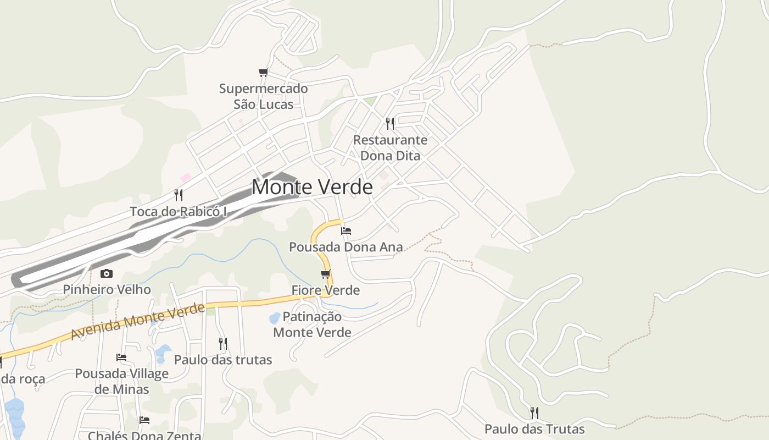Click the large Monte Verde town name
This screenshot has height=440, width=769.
tap(312, 188)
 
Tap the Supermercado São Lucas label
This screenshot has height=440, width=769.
tap(263, 96)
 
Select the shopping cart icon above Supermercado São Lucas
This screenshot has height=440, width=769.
tap(264, 73)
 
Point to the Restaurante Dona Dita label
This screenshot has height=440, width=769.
tap(390, 147)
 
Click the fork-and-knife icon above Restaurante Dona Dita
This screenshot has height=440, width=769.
tap(390, 123)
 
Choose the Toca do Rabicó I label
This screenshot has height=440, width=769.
tap(178, 212)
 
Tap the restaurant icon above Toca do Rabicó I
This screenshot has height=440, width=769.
tap(179, 195)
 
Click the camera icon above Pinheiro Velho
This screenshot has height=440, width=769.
tap(107, 273)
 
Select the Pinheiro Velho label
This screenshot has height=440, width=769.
tap(107, 289)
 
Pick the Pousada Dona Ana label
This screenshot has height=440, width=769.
tap(346, 247)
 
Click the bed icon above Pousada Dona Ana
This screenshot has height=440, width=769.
tap(346, 231)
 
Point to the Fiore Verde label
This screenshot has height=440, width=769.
tap(325, 290)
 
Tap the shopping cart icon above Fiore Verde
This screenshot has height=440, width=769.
tap(326, 274)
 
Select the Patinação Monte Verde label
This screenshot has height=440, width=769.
tap(312, 324)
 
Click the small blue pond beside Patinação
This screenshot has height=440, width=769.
tap(274, 318)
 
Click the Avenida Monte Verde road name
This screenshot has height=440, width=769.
tap(137, 323)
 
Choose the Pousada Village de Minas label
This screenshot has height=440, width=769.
tap(121, 381)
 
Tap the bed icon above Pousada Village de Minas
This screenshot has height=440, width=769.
tap(121, 358)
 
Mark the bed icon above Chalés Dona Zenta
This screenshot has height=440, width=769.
tap(144, 420)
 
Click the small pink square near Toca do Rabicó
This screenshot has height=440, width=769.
tap(186, 178)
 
